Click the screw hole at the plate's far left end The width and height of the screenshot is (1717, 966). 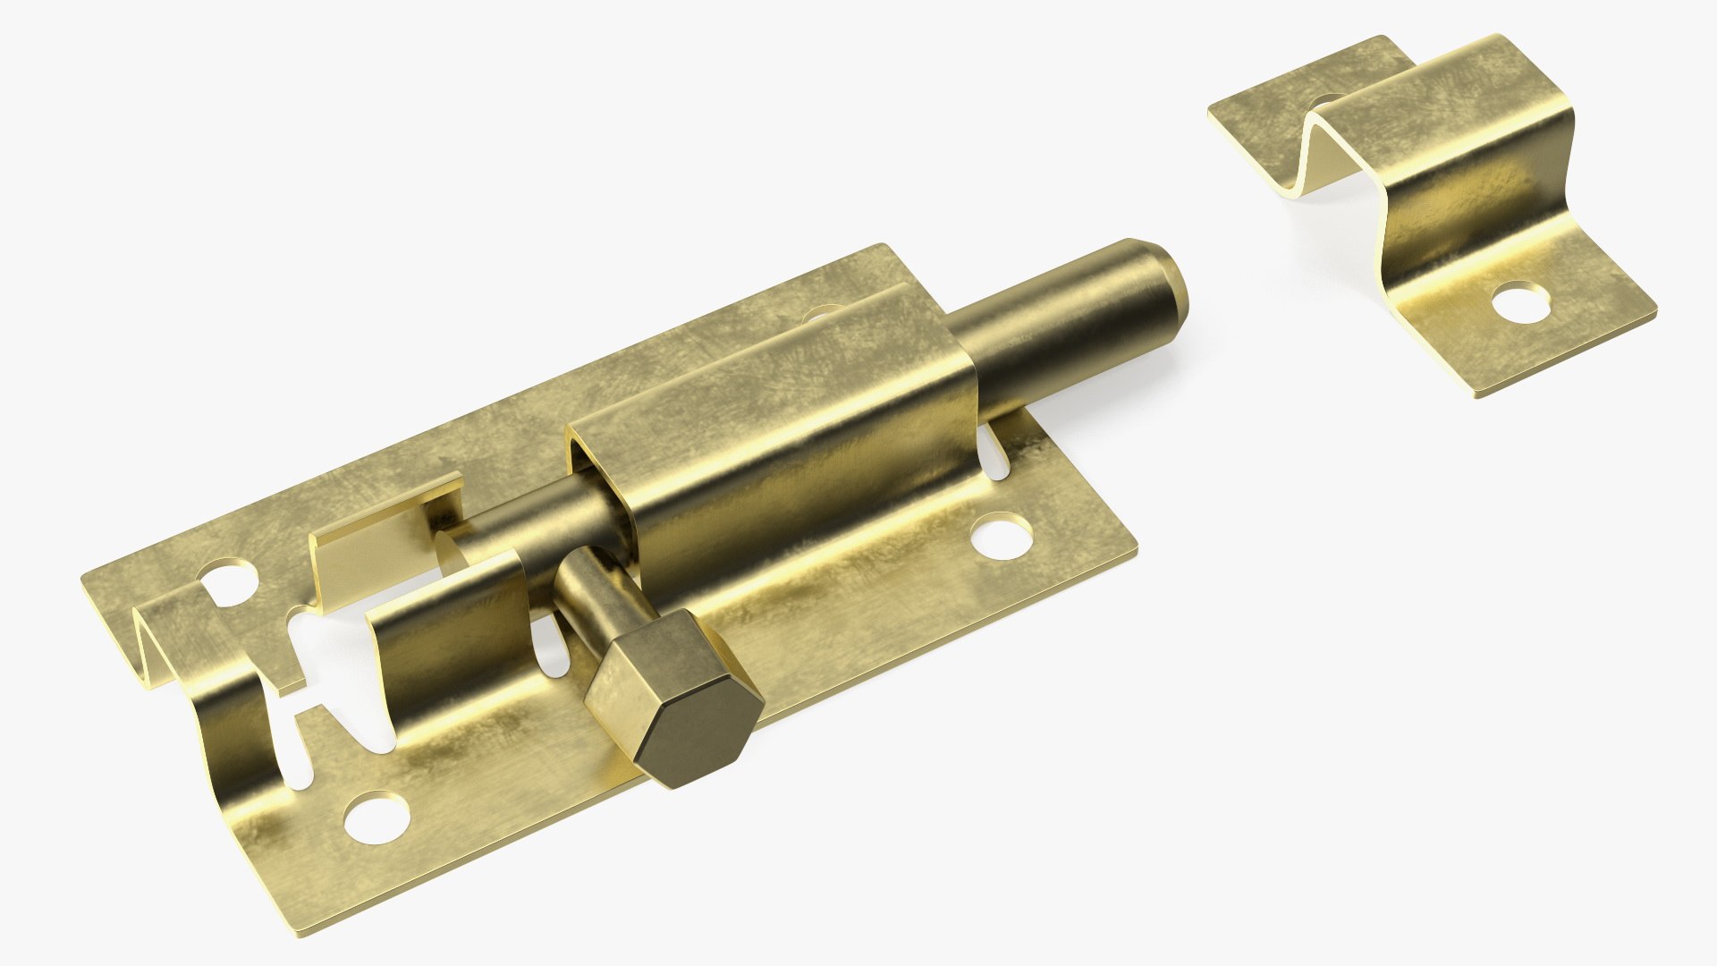227,581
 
